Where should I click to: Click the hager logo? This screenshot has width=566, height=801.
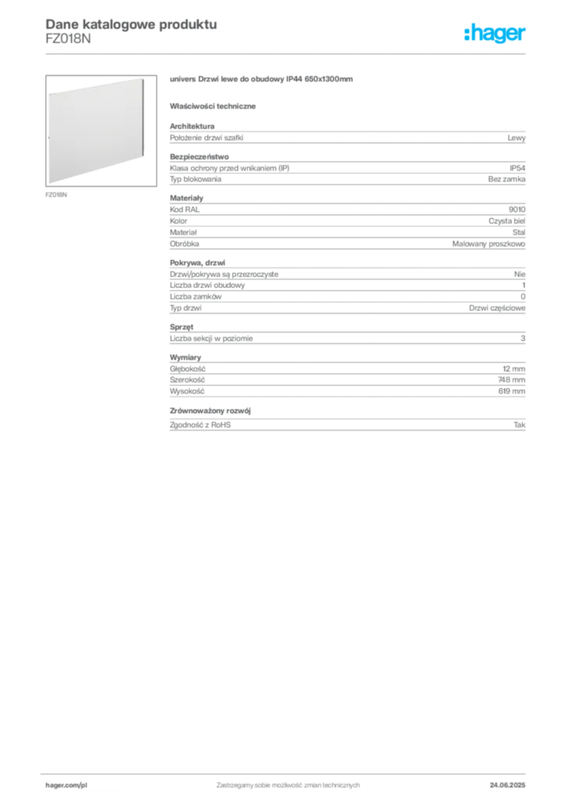click(495, 33)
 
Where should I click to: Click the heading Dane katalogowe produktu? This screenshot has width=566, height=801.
click(131, 24)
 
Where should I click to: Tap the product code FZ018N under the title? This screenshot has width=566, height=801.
click(68, 39)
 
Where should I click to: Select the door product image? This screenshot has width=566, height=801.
click(101, 131)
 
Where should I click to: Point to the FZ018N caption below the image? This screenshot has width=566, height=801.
click(56, 195)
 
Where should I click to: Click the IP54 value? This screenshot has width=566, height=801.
click(518, 168)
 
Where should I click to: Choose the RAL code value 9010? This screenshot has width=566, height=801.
click(517, 210)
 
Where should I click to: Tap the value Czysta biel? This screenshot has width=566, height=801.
click(507, 221)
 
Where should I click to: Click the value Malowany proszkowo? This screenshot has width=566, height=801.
click(489, 244)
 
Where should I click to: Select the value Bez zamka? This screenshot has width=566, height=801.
click(507, 179)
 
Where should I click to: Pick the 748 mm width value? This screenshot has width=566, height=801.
click(511, 379)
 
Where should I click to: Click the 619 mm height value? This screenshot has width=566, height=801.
click(512, 391)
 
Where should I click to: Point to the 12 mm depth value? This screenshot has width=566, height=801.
click(514, 369)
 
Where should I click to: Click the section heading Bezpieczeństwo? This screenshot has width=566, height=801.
click(199, 156)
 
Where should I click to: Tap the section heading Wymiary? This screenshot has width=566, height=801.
click(185, 357)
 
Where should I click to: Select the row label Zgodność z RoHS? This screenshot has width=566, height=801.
click(200, 425)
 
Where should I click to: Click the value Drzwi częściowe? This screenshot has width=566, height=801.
click(497, 308)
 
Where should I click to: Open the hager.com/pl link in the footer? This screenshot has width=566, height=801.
click(66, 785)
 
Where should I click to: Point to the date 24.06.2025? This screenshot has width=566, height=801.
click(507, 785)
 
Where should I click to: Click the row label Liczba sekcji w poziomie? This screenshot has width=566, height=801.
click(211, 339)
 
